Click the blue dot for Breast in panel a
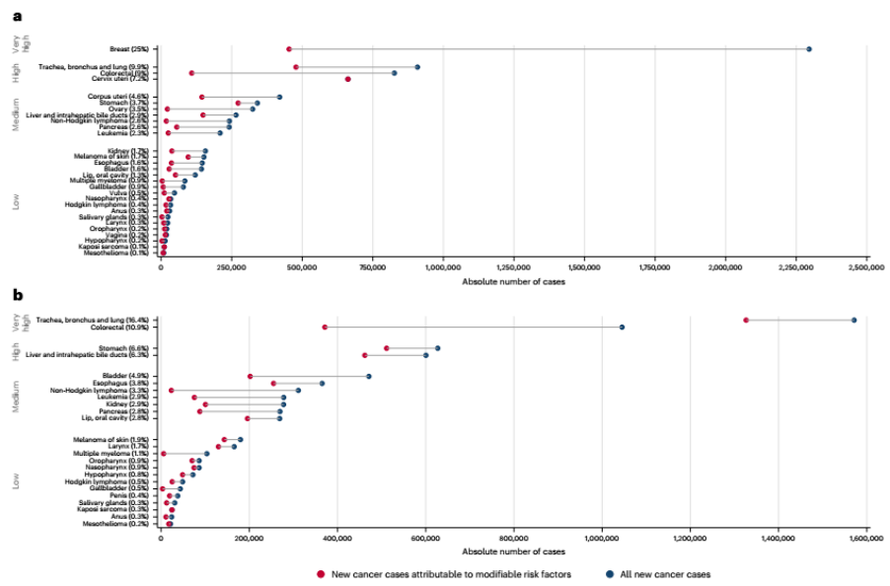point(809,48)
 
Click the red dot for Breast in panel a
point(289,48)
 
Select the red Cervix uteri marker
point(348,79)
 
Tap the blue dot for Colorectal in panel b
point(622,327)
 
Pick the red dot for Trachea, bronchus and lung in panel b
point(746,320)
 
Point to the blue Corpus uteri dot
point(279,97)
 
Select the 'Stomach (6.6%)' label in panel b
point(125,348)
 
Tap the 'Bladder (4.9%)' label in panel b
point(126,376)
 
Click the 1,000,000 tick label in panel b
point(601,538)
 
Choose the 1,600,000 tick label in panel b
point(866,538)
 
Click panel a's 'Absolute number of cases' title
point(513,281)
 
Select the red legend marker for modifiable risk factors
point(321,573)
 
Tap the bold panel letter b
point(15,295)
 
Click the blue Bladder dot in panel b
point(369,376)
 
